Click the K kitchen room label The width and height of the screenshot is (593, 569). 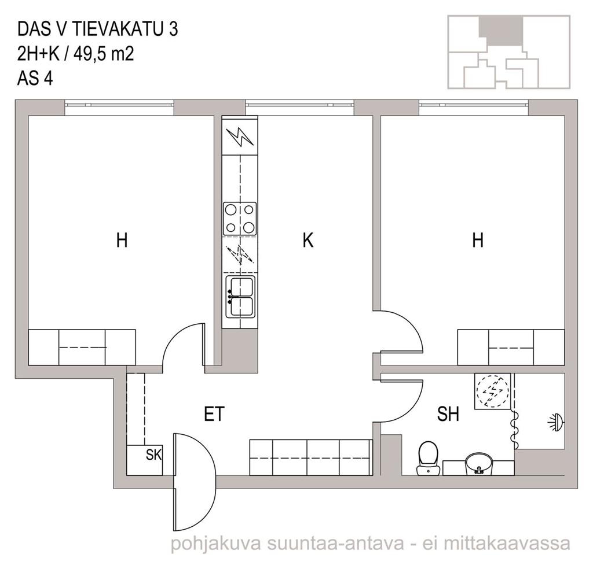[308, 240]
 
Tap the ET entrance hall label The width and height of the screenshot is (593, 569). [214, 414]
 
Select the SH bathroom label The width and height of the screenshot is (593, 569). [448, 414]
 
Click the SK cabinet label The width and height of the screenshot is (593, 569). [154, 455]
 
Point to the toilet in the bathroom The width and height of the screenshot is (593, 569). [428, 459]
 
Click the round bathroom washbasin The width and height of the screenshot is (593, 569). [479, 464]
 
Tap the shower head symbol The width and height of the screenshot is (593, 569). [557, 422]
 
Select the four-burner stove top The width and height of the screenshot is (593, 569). [240, 219]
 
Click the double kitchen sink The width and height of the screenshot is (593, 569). [240, 297]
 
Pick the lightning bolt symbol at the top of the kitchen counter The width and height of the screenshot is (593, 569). [239, 136]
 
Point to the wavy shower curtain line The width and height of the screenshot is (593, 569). [514, 428]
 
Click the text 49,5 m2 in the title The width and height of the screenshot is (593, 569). [104, 54]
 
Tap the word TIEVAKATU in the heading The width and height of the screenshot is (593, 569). [119, 29]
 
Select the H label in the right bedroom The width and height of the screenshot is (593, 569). [478, 240]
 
